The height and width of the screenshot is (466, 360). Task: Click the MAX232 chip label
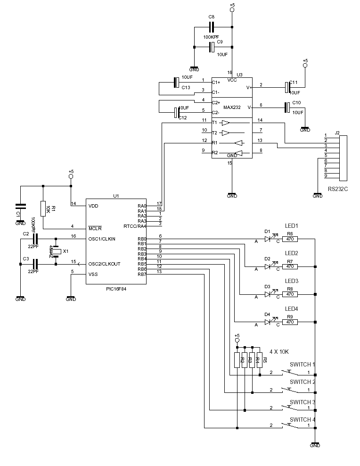[x=232, y=108]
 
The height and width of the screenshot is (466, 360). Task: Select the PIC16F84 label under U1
[x=116, y=289]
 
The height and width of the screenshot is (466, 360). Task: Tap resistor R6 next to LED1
[x=290, y=239]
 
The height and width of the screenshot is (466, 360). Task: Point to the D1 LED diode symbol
[x=269, y=239]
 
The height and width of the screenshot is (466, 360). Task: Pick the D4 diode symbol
[x=269, y=322]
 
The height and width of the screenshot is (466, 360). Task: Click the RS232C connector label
[x=338, y=189]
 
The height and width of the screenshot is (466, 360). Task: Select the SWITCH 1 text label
[x=303, y=365]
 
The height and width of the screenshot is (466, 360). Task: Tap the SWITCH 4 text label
[x=303, y=419]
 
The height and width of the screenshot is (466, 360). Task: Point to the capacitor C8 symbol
[x=212, y=27]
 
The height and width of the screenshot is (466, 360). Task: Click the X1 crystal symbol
[x=56, y=251]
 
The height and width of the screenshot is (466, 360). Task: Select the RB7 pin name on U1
[x=141, y=274]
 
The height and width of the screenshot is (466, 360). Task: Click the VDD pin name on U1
[x=93, y=206]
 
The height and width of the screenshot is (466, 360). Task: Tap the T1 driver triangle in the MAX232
[x=226, y=123]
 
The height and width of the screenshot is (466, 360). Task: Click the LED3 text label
[x=292, y=281]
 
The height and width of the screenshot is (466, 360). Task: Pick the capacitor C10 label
[x=296, y=102]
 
